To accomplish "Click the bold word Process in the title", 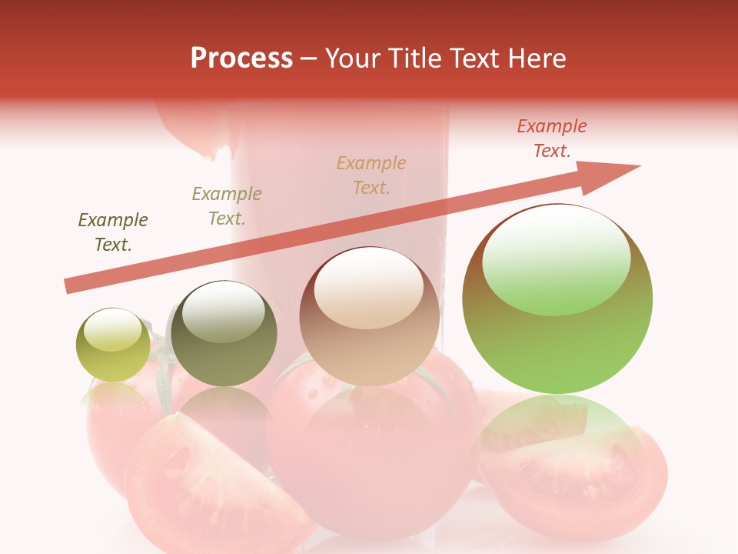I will coord(241,58).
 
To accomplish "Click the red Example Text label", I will coord(551,138).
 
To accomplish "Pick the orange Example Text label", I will coord(371,175).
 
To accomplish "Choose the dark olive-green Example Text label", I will coord(113,232).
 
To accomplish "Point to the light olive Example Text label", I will coord(226,206).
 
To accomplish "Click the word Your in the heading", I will coord(351,58).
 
